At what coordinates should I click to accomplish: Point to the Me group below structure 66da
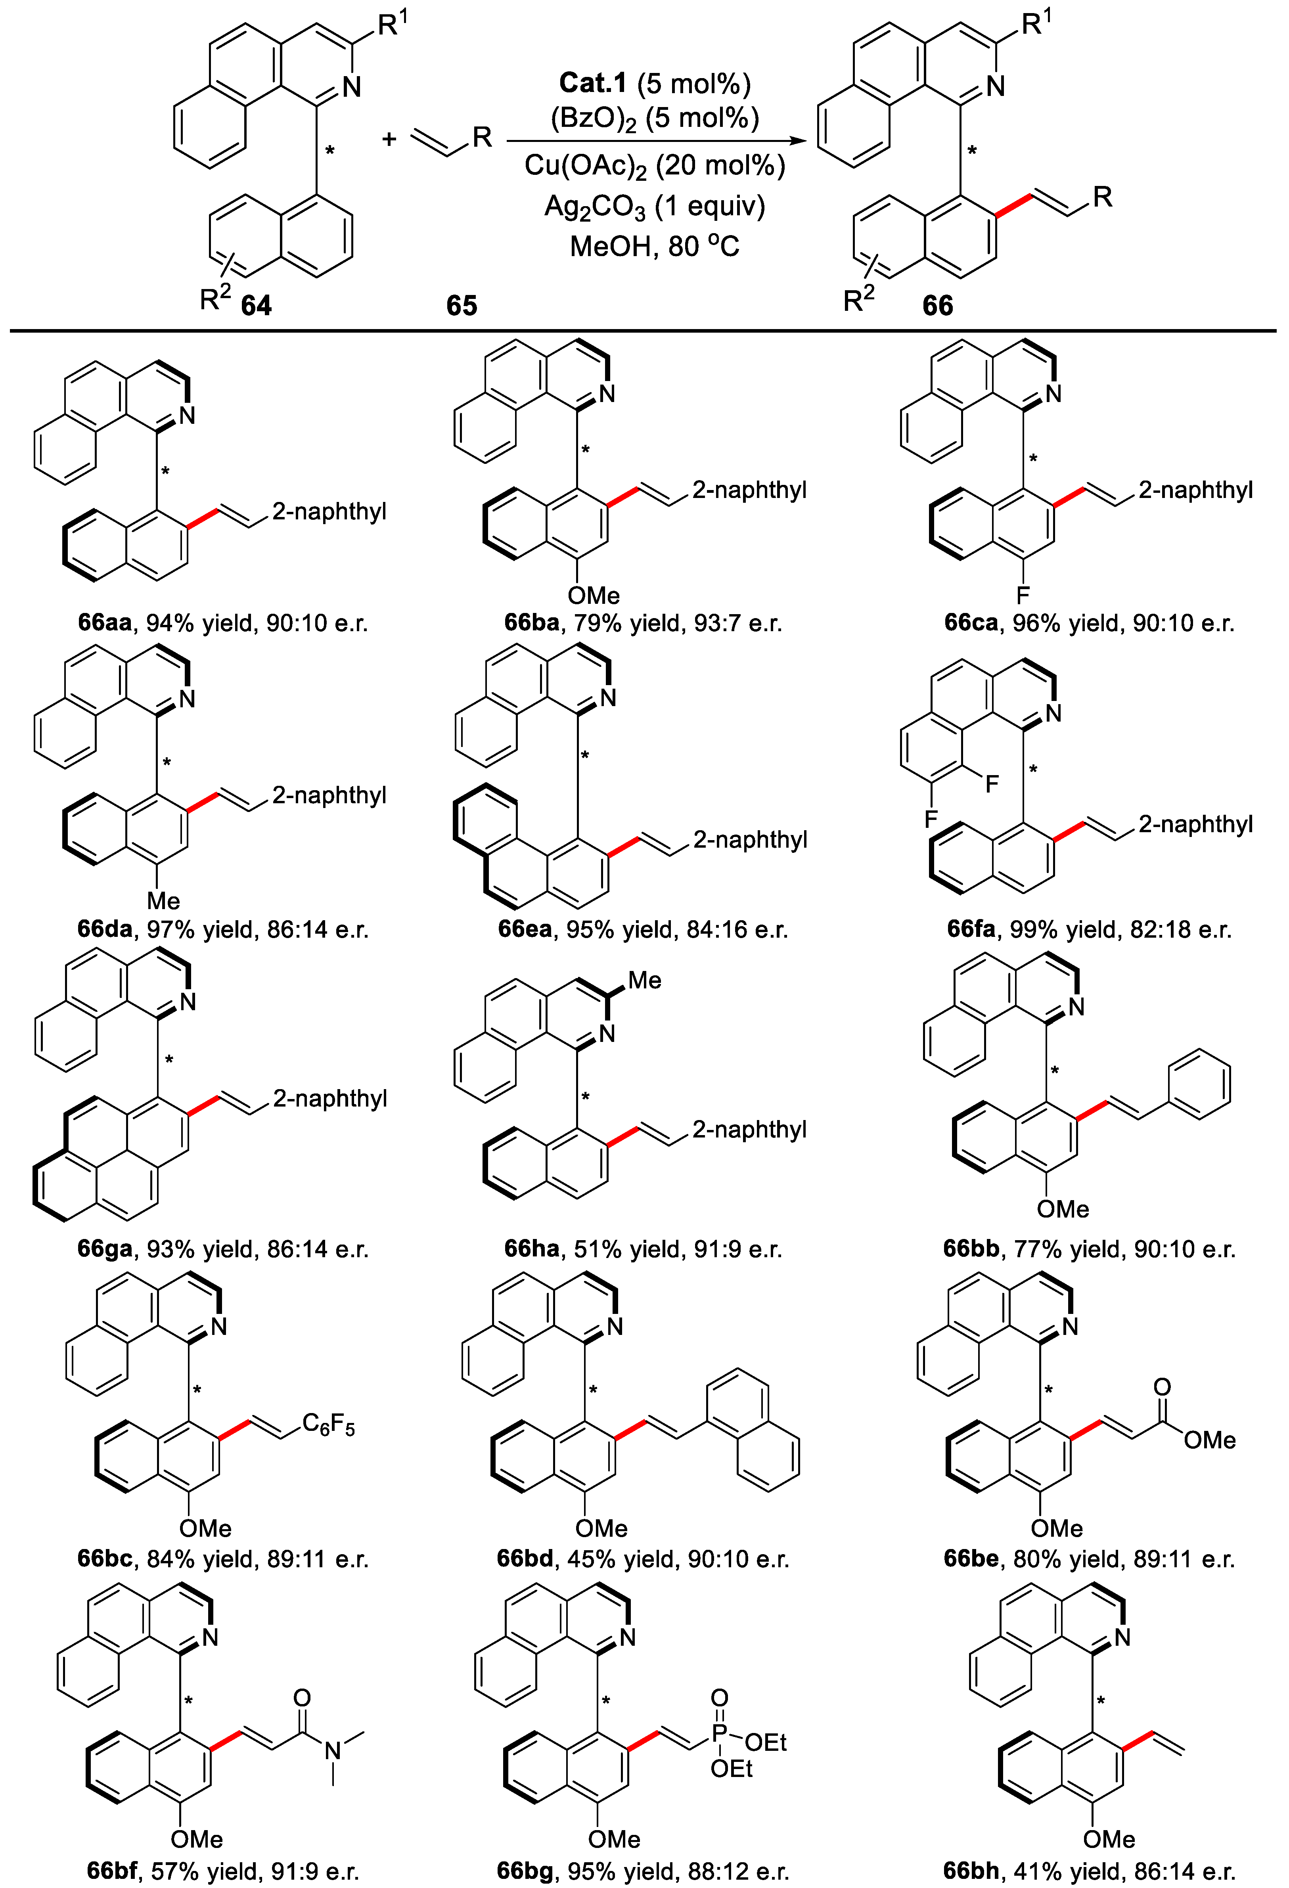pos(163,900)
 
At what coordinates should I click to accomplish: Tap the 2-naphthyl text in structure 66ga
pos(330,1099)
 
